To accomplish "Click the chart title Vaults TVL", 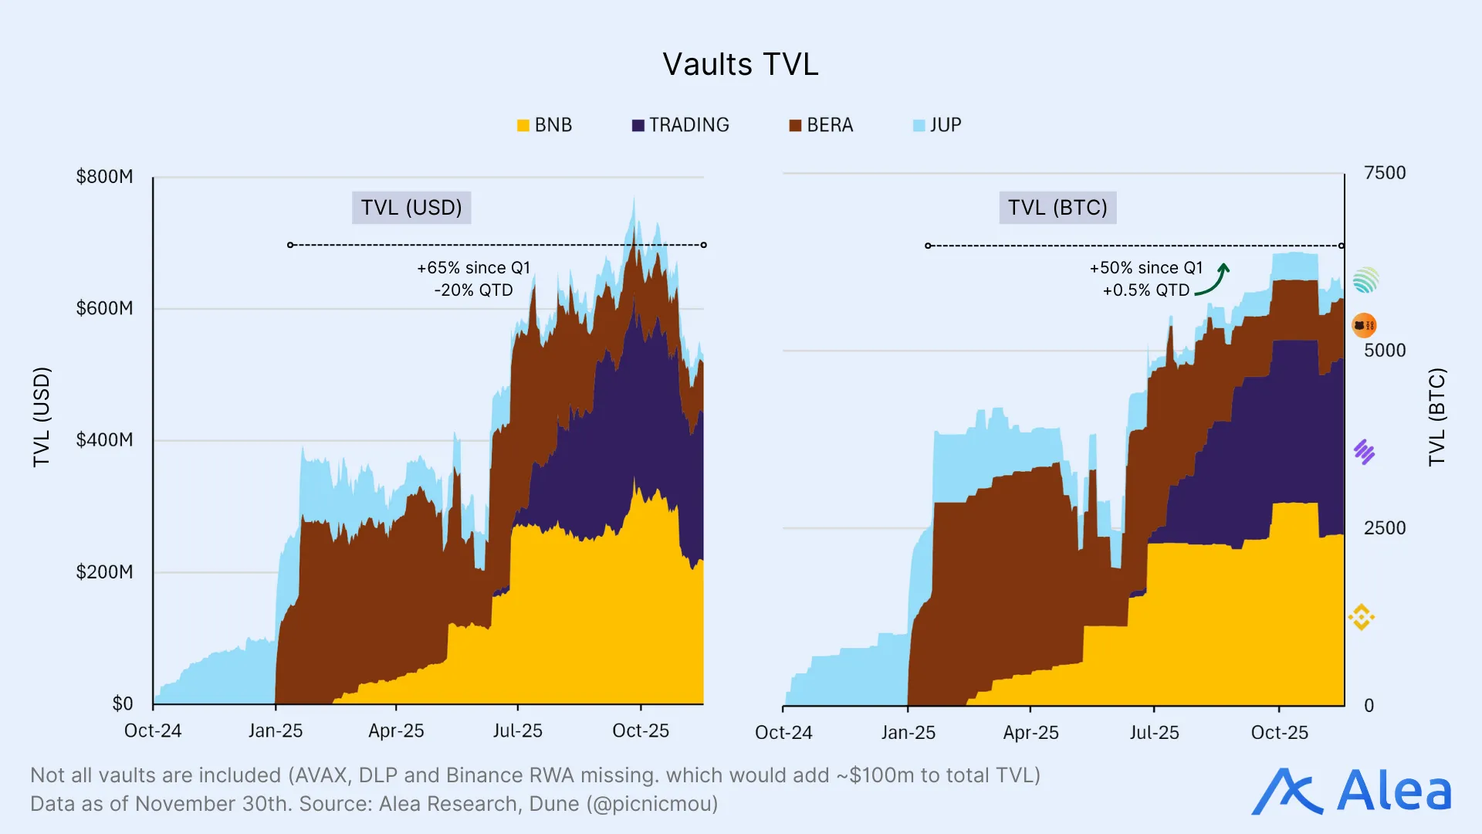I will coord(740,64).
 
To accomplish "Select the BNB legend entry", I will coord(545,125).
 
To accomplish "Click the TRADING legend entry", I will coord(680,125).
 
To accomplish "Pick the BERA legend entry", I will coord(821,125).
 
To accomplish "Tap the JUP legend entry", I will coord(937,125).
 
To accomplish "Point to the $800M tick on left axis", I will coord(104,177).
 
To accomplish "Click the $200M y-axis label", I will coord(104,572).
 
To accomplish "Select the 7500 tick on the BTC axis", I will coord(1384,173).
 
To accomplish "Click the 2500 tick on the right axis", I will coord(1384,528).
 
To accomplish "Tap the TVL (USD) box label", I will coord(411,208).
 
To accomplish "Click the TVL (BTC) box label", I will coord(1057,208).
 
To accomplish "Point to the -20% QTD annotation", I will coord(473,290).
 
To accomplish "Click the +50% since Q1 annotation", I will coord(1145,268).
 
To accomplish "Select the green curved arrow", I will coord(1214,280).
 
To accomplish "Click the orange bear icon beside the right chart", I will coord(1364,325).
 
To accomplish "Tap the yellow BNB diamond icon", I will coord(1362,617).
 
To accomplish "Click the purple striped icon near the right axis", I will coord(1364,452).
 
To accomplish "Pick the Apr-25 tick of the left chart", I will coord(396,731).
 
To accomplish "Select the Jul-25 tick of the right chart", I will coord(1154,733).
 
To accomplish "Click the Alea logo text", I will coord(1393,792).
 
